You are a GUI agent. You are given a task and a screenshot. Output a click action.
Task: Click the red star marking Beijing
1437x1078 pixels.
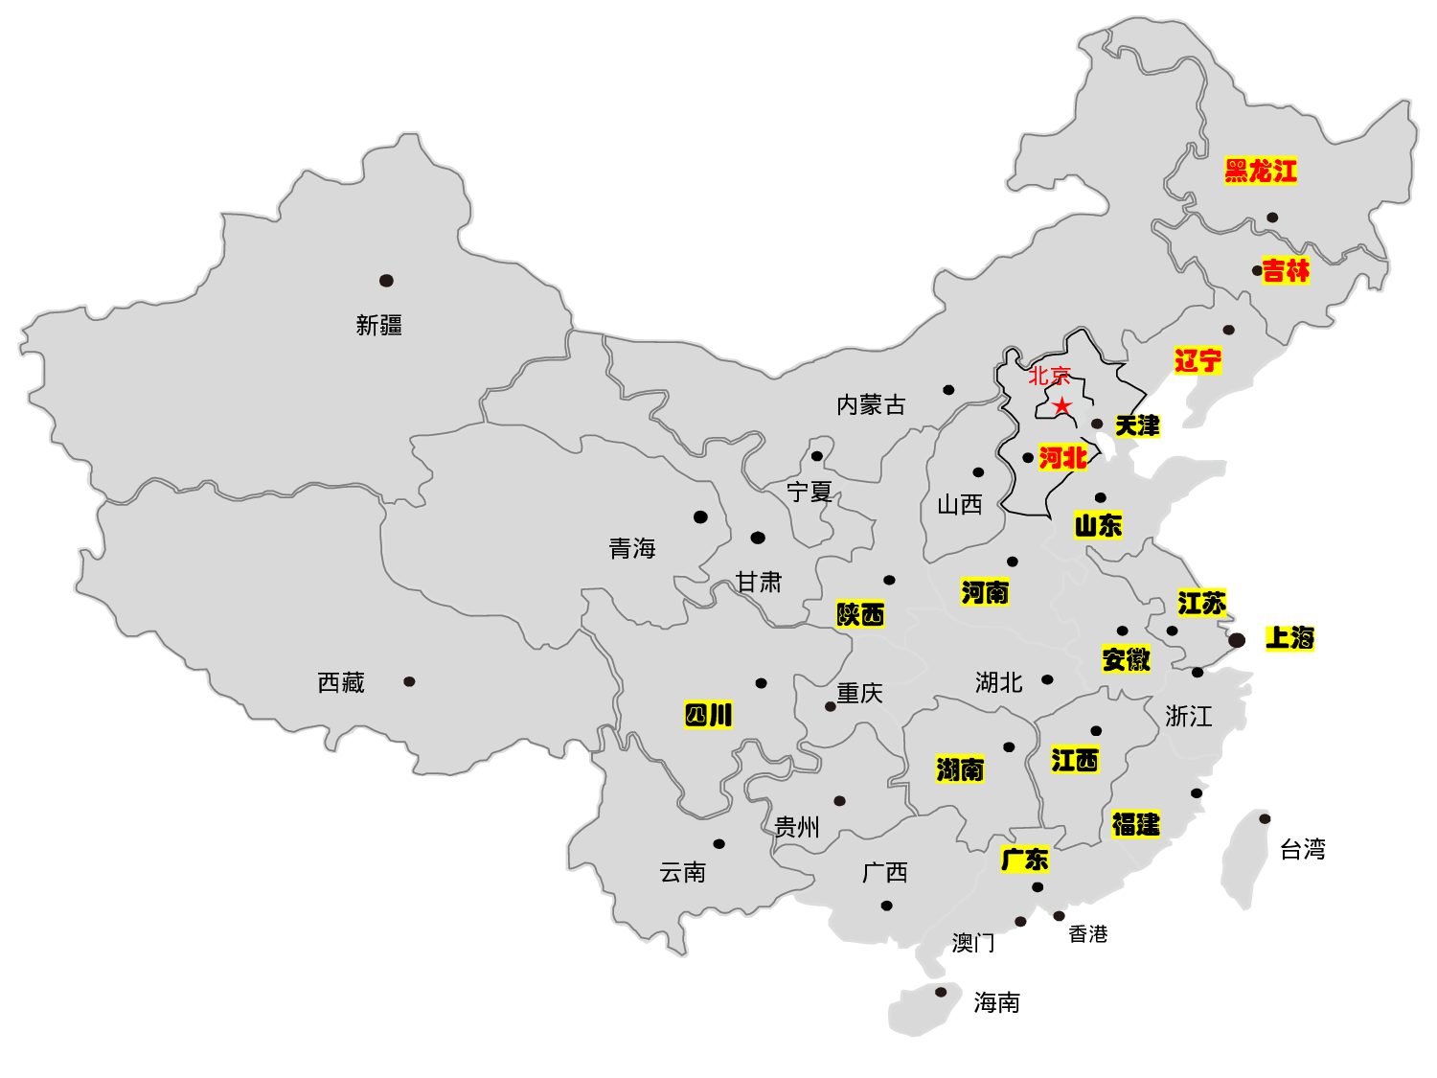click(x=1061, y=405)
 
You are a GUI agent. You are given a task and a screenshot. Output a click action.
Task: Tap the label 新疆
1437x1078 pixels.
click(x=379, y=326)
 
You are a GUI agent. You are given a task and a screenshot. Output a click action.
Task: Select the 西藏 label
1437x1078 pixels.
click(x=341, y=682)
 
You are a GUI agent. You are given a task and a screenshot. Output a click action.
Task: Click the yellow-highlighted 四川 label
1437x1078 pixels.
click(x=708, y=715)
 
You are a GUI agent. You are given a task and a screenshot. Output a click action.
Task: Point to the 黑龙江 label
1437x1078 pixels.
click(x=1261, y=172)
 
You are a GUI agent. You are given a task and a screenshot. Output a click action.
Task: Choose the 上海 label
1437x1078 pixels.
click(x=1289, y=638)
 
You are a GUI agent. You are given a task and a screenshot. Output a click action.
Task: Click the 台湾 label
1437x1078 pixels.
click(x=1303, y=849)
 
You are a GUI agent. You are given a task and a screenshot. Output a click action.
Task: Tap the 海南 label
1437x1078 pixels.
click(x=996, y=1002)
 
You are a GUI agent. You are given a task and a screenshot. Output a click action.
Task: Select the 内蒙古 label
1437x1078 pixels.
click(x=871, y=405)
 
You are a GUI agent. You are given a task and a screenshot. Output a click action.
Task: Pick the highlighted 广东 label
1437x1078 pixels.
click(x=1025, y=860)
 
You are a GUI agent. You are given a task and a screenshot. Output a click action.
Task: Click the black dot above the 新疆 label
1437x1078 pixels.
click(x=386, y=281)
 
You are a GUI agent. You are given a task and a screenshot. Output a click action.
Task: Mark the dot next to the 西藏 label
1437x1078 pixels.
click(x=409, y=681)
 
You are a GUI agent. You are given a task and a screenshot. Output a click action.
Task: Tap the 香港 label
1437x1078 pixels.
click(x=1088, y=933)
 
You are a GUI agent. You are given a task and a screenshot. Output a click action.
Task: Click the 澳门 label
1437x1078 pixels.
click(x=973, y=943)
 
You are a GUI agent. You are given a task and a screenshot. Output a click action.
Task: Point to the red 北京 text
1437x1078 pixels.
click(x=1049, y=376)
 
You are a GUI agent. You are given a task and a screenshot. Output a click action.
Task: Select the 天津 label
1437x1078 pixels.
click(x=1137, y=425)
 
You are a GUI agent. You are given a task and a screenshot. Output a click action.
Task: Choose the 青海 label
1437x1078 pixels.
click(x=632, y=548)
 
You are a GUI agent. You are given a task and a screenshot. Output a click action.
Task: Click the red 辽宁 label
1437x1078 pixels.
click(x=1197, y=361)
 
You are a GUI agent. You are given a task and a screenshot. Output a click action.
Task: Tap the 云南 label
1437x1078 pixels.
click(x=683, y=872)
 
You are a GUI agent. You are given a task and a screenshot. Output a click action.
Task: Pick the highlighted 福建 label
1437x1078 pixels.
click(x=1135, y=824)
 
